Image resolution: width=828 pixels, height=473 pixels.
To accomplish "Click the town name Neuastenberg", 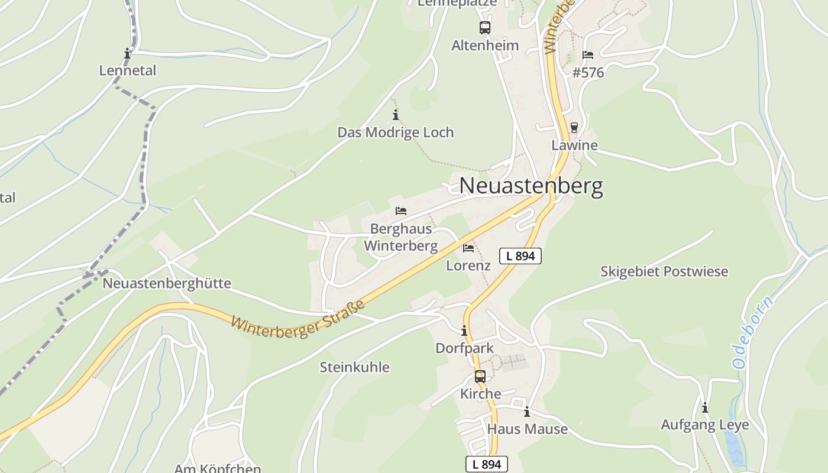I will point(531,186).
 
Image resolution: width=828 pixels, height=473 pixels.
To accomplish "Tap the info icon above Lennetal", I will point(127,54).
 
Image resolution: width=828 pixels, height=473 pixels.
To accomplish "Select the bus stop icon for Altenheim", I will point(485,27).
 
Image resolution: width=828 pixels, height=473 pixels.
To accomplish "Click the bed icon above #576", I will point(588,55).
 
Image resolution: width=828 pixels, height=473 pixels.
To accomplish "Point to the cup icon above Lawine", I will point(574,128).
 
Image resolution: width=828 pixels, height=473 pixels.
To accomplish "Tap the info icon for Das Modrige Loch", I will point(396,115).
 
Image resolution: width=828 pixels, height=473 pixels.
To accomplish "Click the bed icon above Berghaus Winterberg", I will point(401,211).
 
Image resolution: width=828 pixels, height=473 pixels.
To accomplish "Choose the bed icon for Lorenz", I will point(468,248).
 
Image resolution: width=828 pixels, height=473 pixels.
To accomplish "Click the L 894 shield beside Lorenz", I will point(520,256).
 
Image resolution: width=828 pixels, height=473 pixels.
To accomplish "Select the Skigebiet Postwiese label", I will point(664,271).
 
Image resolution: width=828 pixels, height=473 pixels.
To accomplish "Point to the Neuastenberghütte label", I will point(167,283).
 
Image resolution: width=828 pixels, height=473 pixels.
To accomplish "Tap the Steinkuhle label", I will point(354,367).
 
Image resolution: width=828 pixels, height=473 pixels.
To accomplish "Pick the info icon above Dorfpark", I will point(464,331).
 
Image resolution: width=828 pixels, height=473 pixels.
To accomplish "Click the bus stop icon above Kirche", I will point(480,377).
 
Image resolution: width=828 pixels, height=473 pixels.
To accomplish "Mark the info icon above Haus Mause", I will point(526,412).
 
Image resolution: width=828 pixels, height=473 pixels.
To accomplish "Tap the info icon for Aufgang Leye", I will point(704,407).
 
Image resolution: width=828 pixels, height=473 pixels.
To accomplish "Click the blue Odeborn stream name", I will point(752,333).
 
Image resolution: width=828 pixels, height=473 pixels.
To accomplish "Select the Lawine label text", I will point(574,145).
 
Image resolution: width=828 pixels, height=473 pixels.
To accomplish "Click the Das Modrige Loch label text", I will point(396,132).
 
